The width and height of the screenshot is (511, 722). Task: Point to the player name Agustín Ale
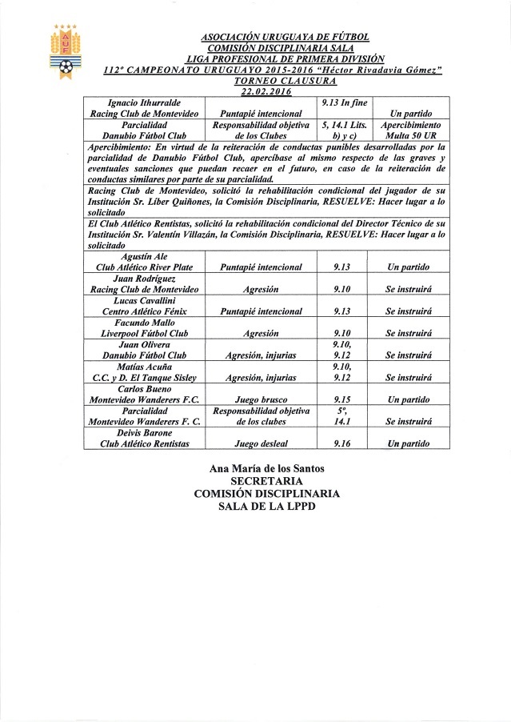pos(145,255)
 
